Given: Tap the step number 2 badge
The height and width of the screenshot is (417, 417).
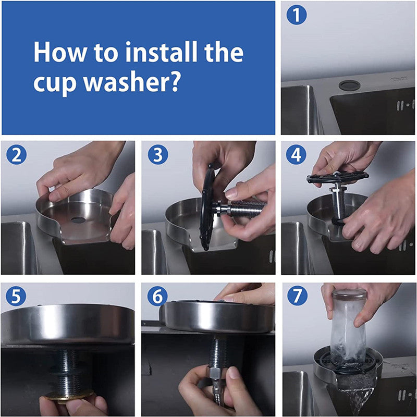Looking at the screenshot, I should click(x=16, y=156).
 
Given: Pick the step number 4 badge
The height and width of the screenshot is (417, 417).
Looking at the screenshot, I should click(x=297, y=156).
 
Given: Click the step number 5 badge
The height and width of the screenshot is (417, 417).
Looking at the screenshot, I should click(x=16, y=297).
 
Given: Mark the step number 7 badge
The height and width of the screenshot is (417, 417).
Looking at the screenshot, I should click(x=297, y=297).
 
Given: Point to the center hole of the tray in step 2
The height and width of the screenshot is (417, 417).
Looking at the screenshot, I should click(x=78, y=220).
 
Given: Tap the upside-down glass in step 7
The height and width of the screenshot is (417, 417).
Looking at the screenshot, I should click(x=349, y=326).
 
